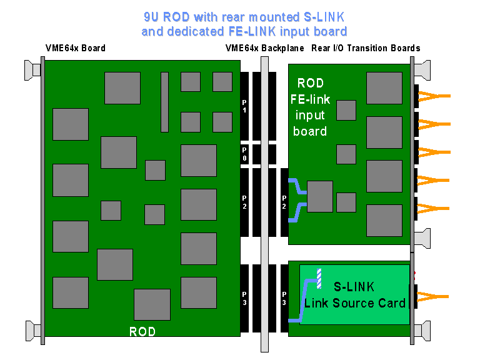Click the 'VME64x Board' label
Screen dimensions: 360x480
coord(75,48)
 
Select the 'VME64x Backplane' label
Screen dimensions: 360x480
coord(264,48)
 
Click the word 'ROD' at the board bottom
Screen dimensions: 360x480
coord(142,331)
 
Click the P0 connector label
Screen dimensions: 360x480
coord(244,154)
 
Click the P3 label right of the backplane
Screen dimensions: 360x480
coord(284,298)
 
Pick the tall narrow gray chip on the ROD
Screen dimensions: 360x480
coord(164,102)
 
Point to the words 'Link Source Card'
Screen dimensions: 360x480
coord(355,304)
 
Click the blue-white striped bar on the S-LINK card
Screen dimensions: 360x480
coord(319,278)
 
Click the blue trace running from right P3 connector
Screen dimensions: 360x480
coord(302,300)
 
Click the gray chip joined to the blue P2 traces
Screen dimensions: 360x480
coord(320,196)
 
